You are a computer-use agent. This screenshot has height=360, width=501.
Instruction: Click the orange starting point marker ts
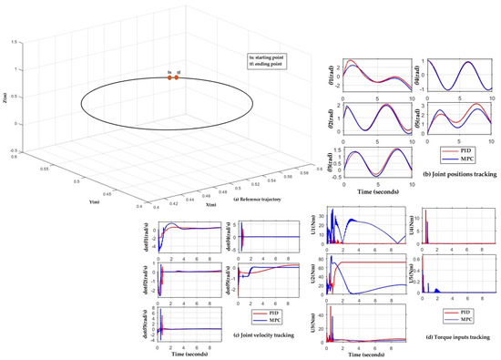169,78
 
